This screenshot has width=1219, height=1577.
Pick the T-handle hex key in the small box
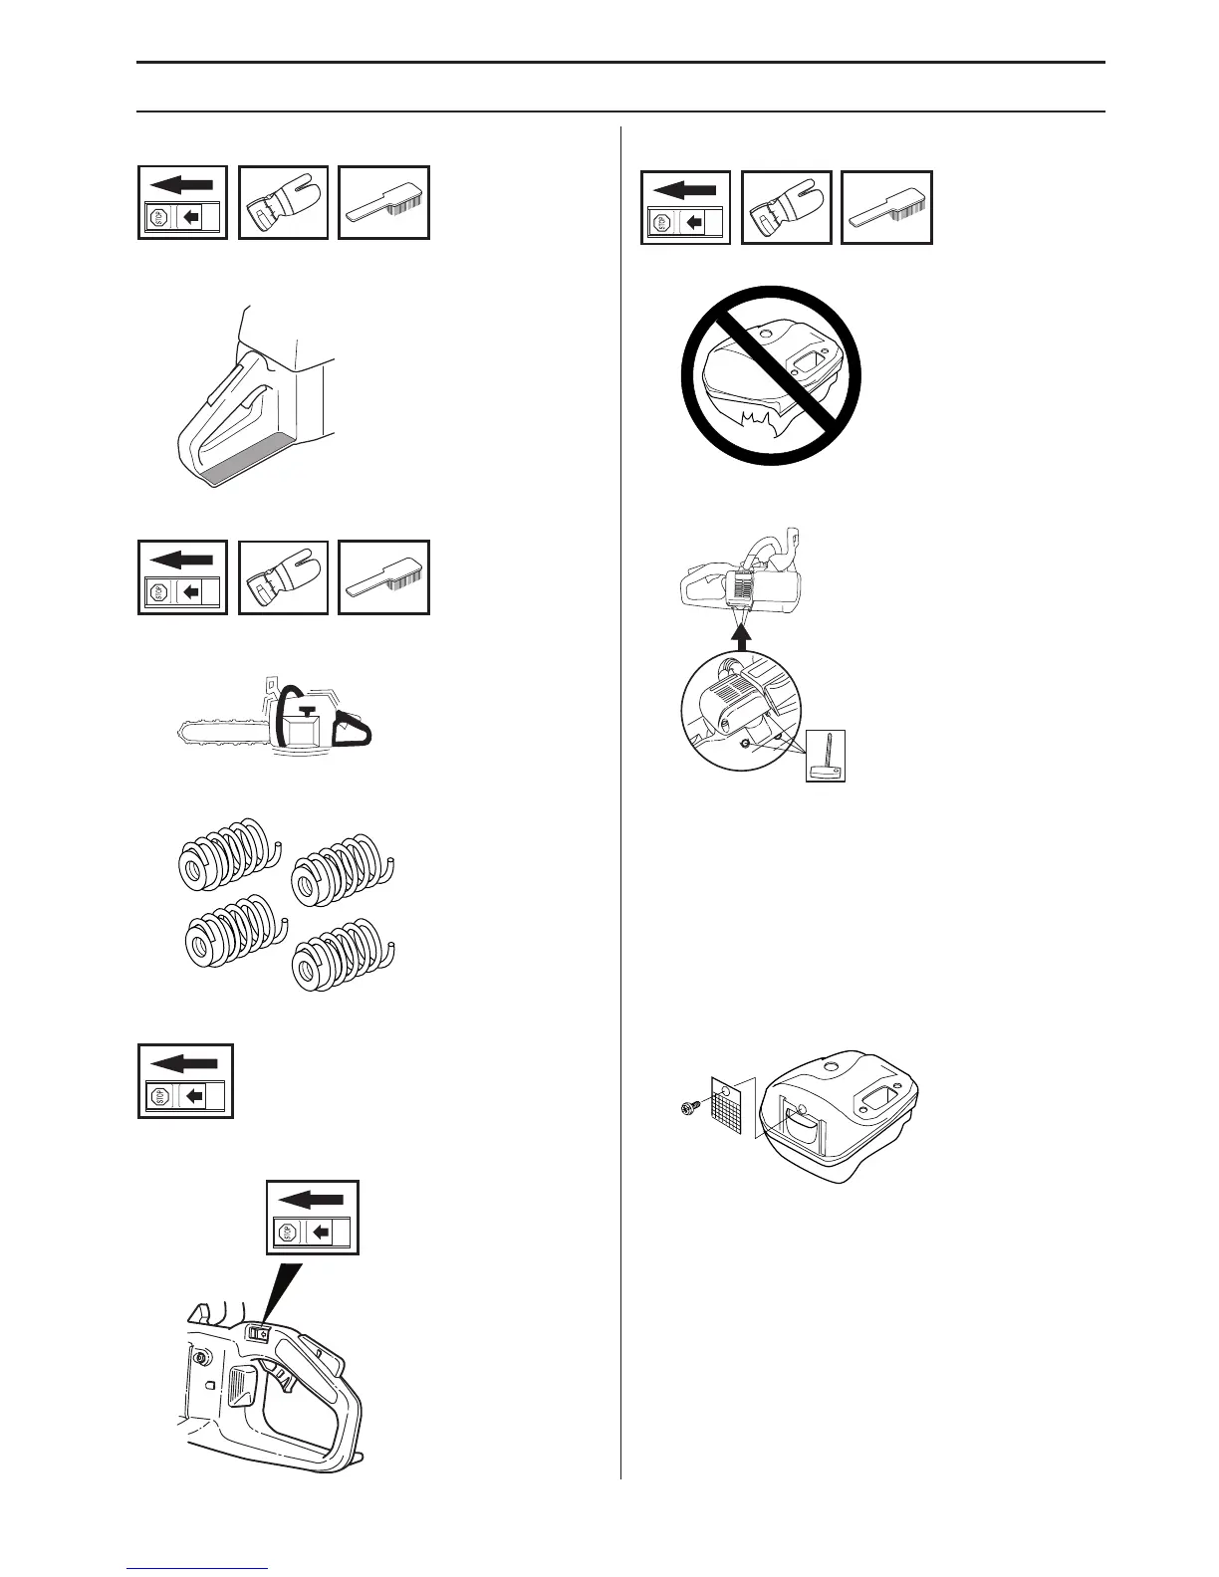[x=826, y=756]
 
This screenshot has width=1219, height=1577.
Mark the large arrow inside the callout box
[x=315, y=1201]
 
